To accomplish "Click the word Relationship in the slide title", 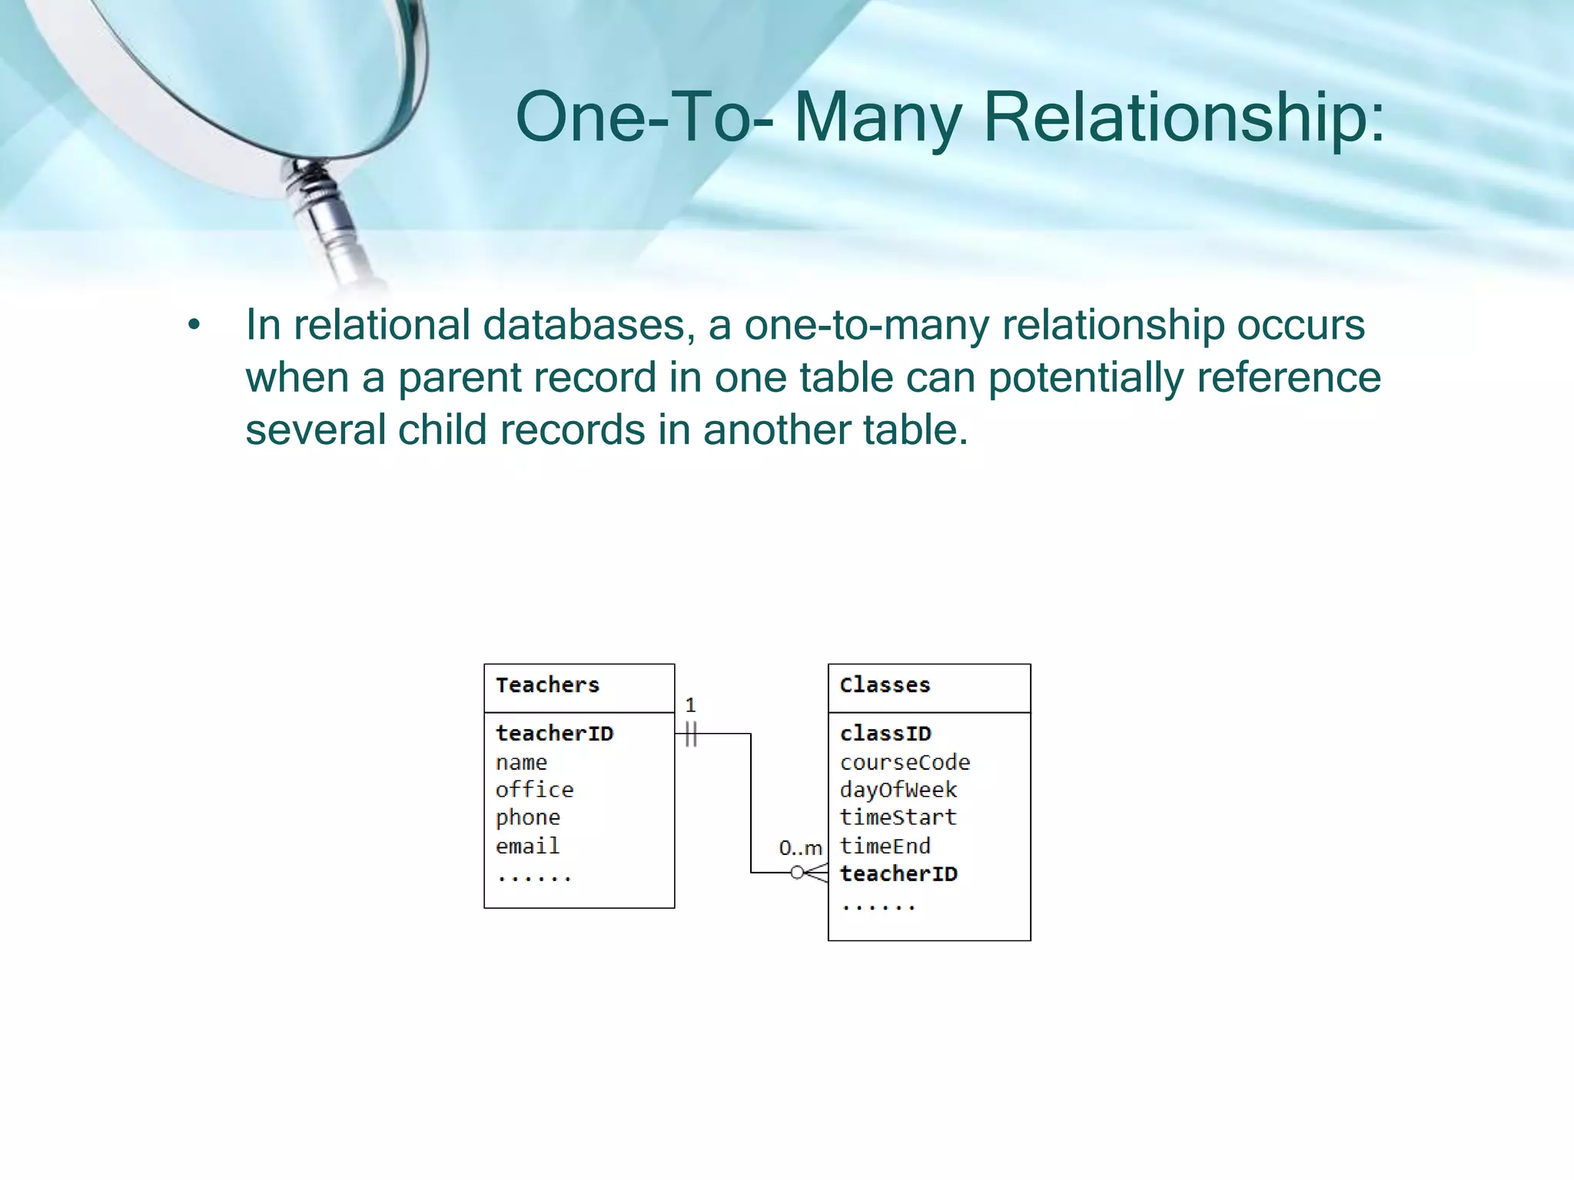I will click(x=1184, y=118).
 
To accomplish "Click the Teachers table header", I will click(x=547, y=685).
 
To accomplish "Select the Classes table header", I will click(x=885, y=685).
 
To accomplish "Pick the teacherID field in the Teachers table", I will click(x=554, y=734).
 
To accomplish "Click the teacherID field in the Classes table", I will click(x=898, y=874).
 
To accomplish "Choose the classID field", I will click(x=885, y=734).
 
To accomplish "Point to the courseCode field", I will click(x=905, y=763).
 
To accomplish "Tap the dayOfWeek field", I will click(x=898, y=791).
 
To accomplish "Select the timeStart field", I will click(x=898, y=817).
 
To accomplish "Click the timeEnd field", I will click(x=885, y=847).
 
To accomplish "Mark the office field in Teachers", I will click(x=534, y=791).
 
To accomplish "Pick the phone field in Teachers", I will click(x=528, y=818).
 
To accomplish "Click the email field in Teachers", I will click(x=527, y=847).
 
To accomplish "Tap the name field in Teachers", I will click(x=521, y=763).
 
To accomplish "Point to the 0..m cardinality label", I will click(x=800, y=849).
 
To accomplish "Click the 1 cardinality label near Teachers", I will click(x=690, y=705).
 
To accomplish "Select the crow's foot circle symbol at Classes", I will click(x=797, y=873).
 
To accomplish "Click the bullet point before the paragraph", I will click(x=194, y=326).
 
